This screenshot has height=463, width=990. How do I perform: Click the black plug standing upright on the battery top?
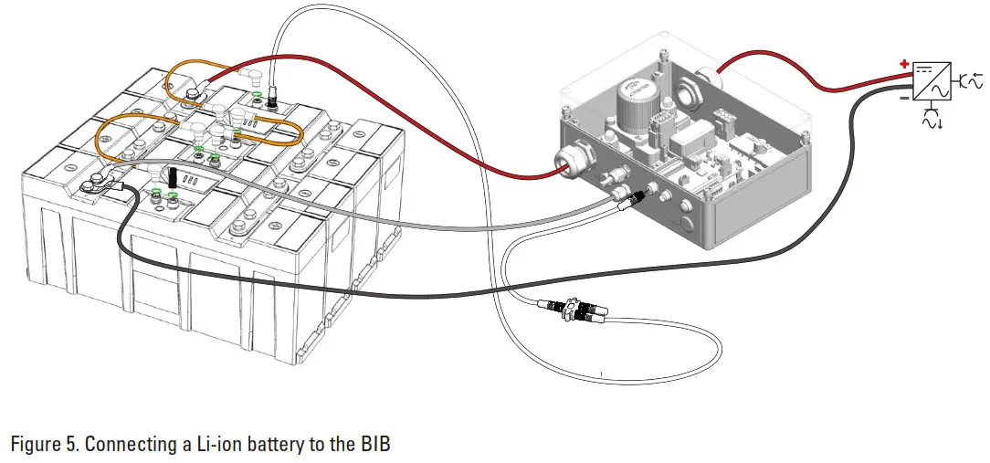173,175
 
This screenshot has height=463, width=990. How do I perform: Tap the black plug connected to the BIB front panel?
647,193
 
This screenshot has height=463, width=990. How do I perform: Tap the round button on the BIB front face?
689,224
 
